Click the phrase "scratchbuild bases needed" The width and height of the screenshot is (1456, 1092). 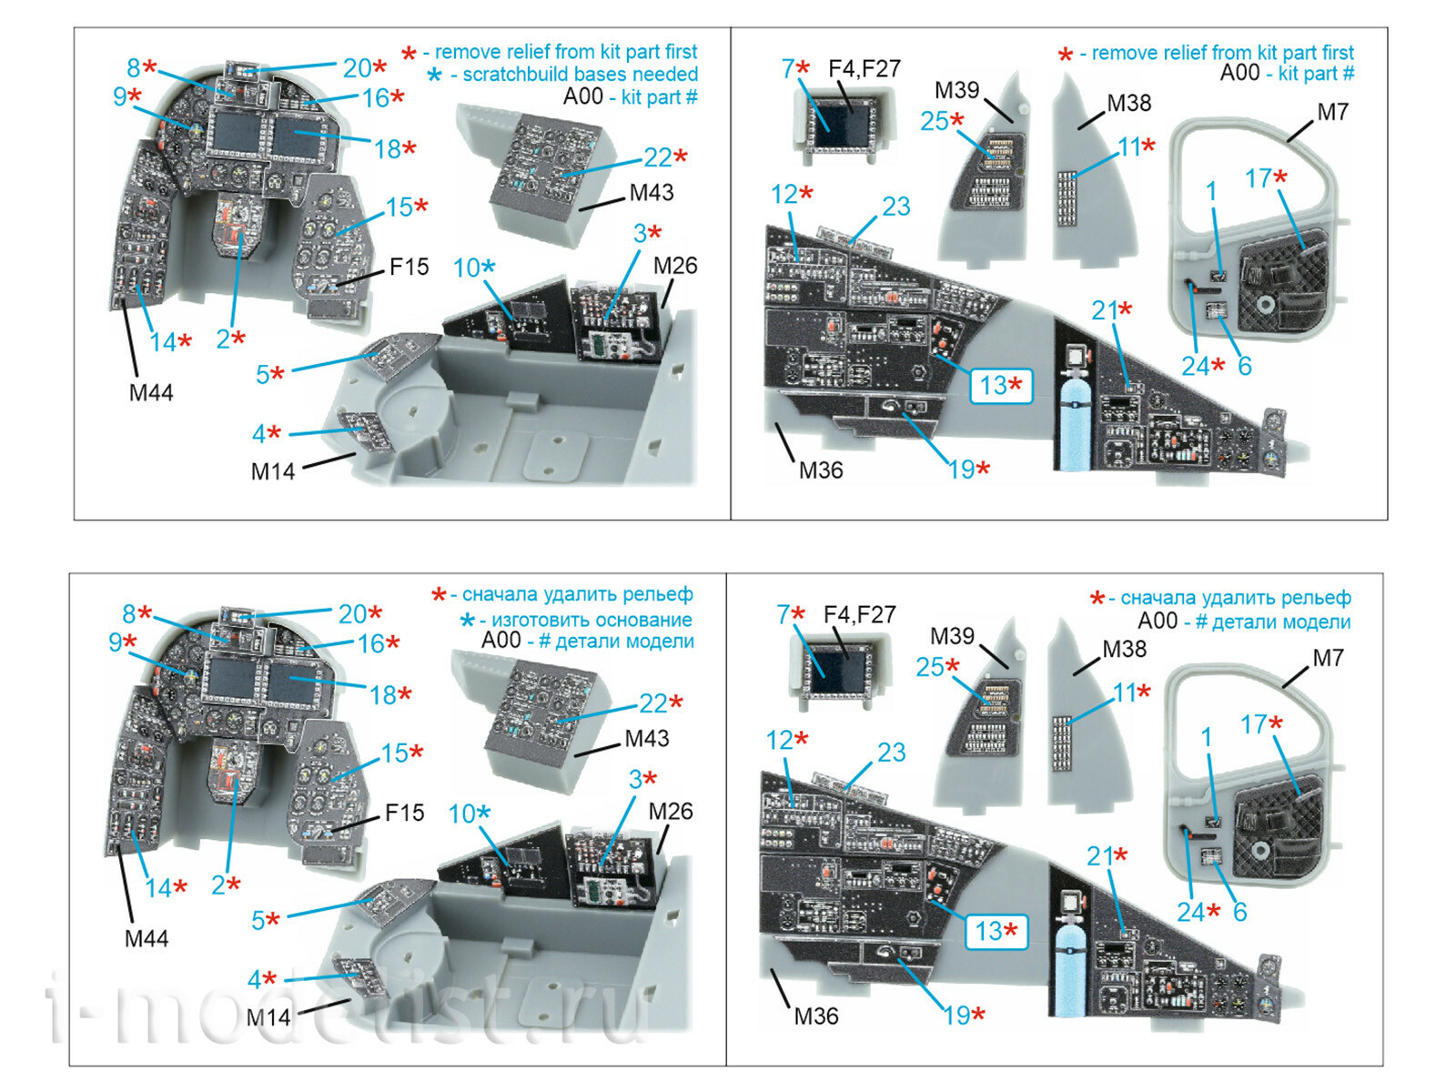(x=580, y=75)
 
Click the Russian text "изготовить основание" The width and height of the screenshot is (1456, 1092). (x=591, y=620)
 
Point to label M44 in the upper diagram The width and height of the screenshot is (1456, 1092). (x=150, y=392)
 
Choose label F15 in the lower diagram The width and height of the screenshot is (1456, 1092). (x=404, y=813)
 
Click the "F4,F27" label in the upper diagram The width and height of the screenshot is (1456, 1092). (x=864, y=68)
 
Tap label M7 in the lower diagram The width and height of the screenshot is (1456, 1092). (x=1328, y=657)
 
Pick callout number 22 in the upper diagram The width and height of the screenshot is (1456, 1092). (x=658, y=157)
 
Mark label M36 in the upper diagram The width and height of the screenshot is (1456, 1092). (x=820, y=470)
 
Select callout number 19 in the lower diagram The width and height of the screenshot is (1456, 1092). (x=957, y=1016)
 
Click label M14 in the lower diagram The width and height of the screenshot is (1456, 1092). (x=268, y=1017)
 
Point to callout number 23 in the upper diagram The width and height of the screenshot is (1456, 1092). (x=895, y=207)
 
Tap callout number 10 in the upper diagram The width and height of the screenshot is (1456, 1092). (x=467, y=268)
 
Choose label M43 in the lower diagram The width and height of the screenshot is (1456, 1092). (x=646, y=738)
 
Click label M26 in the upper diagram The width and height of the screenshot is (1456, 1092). (x=675, y=266)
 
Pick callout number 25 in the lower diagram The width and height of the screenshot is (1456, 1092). (x=930, y=667)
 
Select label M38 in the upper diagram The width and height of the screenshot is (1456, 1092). (x=1128, y=104)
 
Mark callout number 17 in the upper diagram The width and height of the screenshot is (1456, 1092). (x=1259, y=178)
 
